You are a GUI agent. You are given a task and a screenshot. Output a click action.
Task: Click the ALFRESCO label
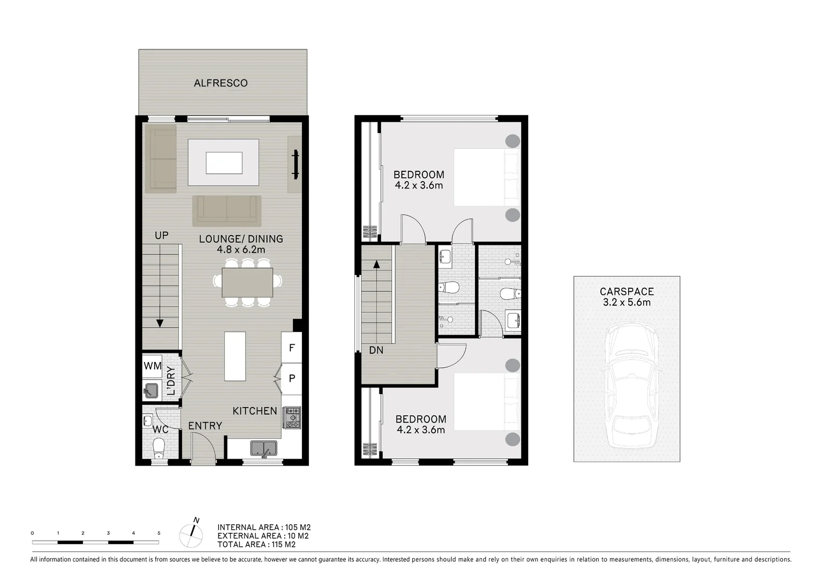pyautogui.click(x=220, y=83)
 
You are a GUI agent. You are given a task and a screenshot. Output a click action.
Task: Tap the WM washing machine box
pyautogui.click(x=153, y=366)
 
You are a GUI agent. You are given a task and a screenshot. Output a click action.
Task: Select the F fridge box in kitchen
pyautogui.click(x=292, y=347)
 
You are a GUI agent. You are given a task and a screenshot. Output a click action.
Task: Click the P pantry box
pyautogui.click(x=292, y=379)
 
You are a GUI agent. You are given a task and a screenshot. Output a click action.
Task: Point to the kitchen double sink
pyautogui.click(x=263, y=448)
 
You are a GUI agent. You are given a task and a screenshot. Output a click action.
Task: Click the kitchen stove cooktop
pyautogui.click(x=292, y=418)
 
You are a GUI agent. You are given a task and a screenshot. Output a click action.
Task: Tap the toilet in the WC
pyautogui.click(x=159, y=446)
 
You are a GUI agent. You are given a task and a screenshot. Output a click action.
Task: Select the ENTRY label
pyautogui.click(x=205, y=426)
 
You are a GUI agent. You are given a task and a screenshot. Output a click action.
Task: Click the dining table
pyautogui.click(x=247, y=282)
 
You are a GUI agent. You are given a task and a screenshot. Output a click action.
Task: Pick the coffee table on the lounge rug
pyautogui.click(x=224, y=163)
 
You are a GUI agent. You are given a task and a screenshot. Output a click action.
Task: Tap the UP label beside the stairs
pyautogui.click(x=161, y=235)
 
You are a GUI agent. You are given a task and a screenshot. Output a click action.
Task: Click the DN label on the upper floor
pyautogui.click(x=376, y=350)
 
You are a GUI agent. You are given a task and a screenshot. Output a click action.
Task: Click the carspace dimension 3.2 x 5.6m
pyautogui.click(x=627, y=302)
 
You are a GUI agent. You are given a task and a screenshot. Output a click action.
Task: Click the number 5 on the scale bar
pyautogui.click(x=159, y=533)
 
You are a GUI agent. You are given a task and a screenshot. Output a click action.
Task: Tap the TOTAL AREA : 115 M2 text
pyautogui.click(x=256, y=545)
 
